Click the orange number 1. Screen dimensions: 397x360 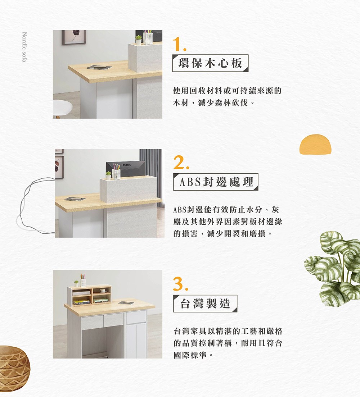coord(179,44)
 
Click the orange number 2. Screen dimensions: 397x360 coord(180,164)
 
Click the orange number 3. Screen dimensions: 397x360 coord(180,284)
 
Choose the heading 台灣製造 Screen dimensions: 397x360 coord(205,304)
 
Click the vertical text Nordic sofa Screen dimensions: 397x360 coord(24,47)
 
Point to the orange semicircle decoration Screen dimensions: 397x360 coord(315,145)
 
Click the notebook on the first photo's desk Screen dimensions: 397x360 coord(99,67)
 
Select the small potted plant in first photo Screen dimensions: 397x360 coord(138,39)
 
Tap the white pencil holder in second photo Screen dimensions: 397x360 coord(116,173)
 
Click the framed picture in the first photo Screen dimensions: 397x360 coord(74,37)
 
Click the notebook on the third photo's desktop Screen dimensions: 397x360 coord(126,303)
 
